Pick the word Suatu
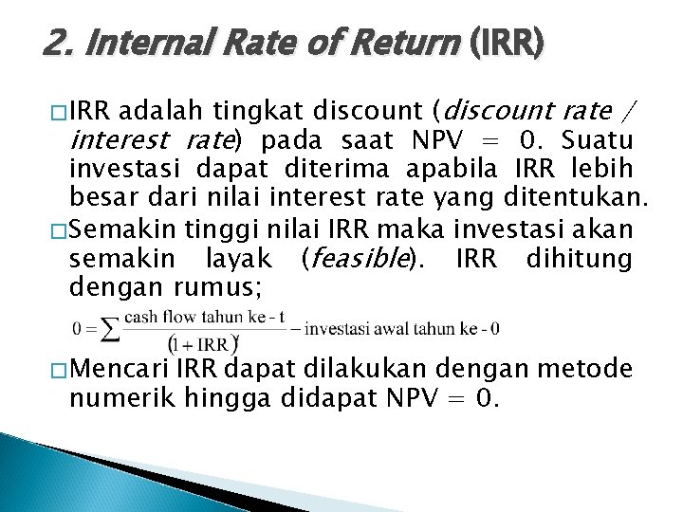[598, 142]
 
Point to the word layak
[238, 258]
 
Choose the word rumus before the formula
[219, 286]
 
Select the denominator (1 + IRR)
[202, 343]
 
